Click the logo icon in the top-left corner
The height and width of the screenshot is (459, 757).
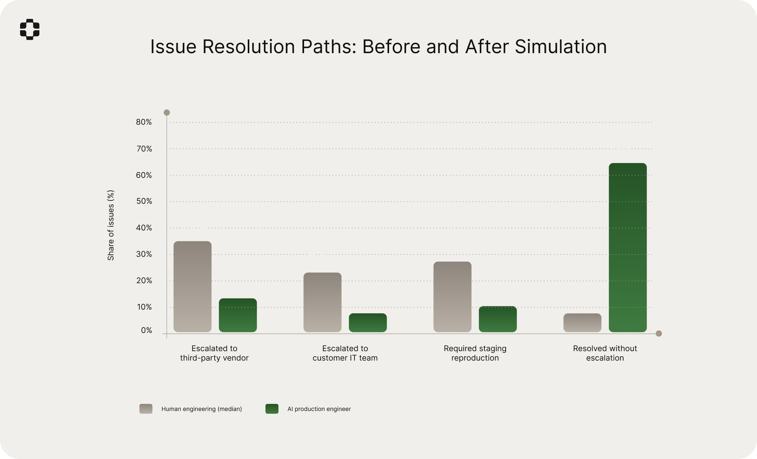(x=30, y=29)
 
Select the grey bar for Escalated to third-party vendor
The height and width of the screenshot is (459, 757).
(x=193, y=287)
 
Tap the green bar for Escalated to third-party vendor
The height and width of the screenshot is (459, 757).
(x=238, y=315)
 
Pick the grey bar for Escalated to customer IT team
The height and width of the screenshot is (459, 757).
(x=323, y=302)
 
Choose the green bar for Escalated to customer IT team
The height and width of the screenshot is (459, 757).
(x=368, y=323)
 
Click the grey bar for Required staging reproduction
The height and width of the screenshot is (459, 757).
(x=453, y=297)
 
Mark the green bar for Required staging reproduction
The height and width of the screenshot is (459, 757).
(x=498, y=319)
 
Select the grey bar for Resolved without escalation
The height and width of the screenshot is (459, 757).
(x=583, y=323)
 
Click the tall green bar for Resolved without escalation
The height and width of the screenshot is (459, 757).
(x=628, y=248)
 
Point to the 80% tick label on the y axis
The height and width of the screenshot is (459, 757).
(x=144, y=122)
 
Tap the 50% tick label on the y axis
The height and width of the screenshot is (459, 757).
(x=144, y=201)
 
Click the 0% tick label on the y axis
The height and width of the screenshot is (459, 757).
(x=147, y=330)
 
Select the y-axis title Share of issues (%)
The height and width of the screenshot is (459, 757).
(x=111, y=225)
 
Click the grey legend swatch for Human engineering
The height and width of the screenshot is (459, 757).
(x=146, y=409)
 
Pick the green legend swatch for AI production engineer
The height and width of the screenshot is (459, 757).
(x=272, y=409)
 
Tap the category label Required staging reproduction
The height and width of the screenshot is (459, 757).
(x=475, y=353)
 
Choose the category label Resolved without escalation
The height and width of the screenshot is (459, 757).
(x=605, y=353)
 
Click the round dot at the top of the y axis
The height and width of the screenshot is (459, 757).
(x=167, y=113)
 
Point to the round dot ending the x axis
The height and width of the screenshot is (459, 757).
(x=659, y=334)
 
